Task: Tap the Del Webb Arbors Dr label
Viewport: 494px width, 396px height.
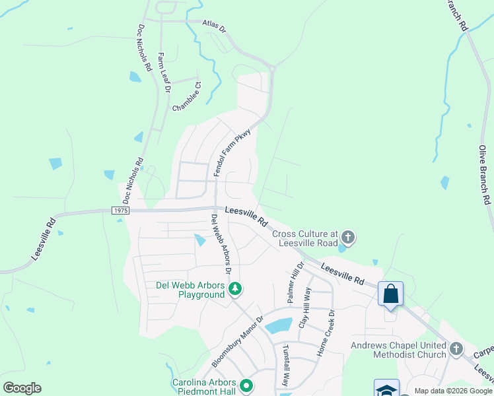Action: (221, 244)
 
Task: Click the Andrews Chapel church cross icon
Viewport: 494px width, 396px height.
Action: (456, 349)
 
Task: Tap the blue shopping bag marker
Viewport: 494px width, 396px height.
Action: (390, 292)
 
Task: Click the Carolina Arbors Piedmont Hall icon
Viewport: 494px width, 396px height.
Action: (246, 385)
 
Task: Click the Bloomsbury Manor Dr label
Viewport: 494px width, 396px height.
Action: (238, 341)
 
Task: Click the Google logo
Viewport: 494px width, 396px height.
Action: (22, 388)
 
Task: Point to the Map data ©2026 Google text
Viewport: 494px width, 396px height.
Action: (453, 391)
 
